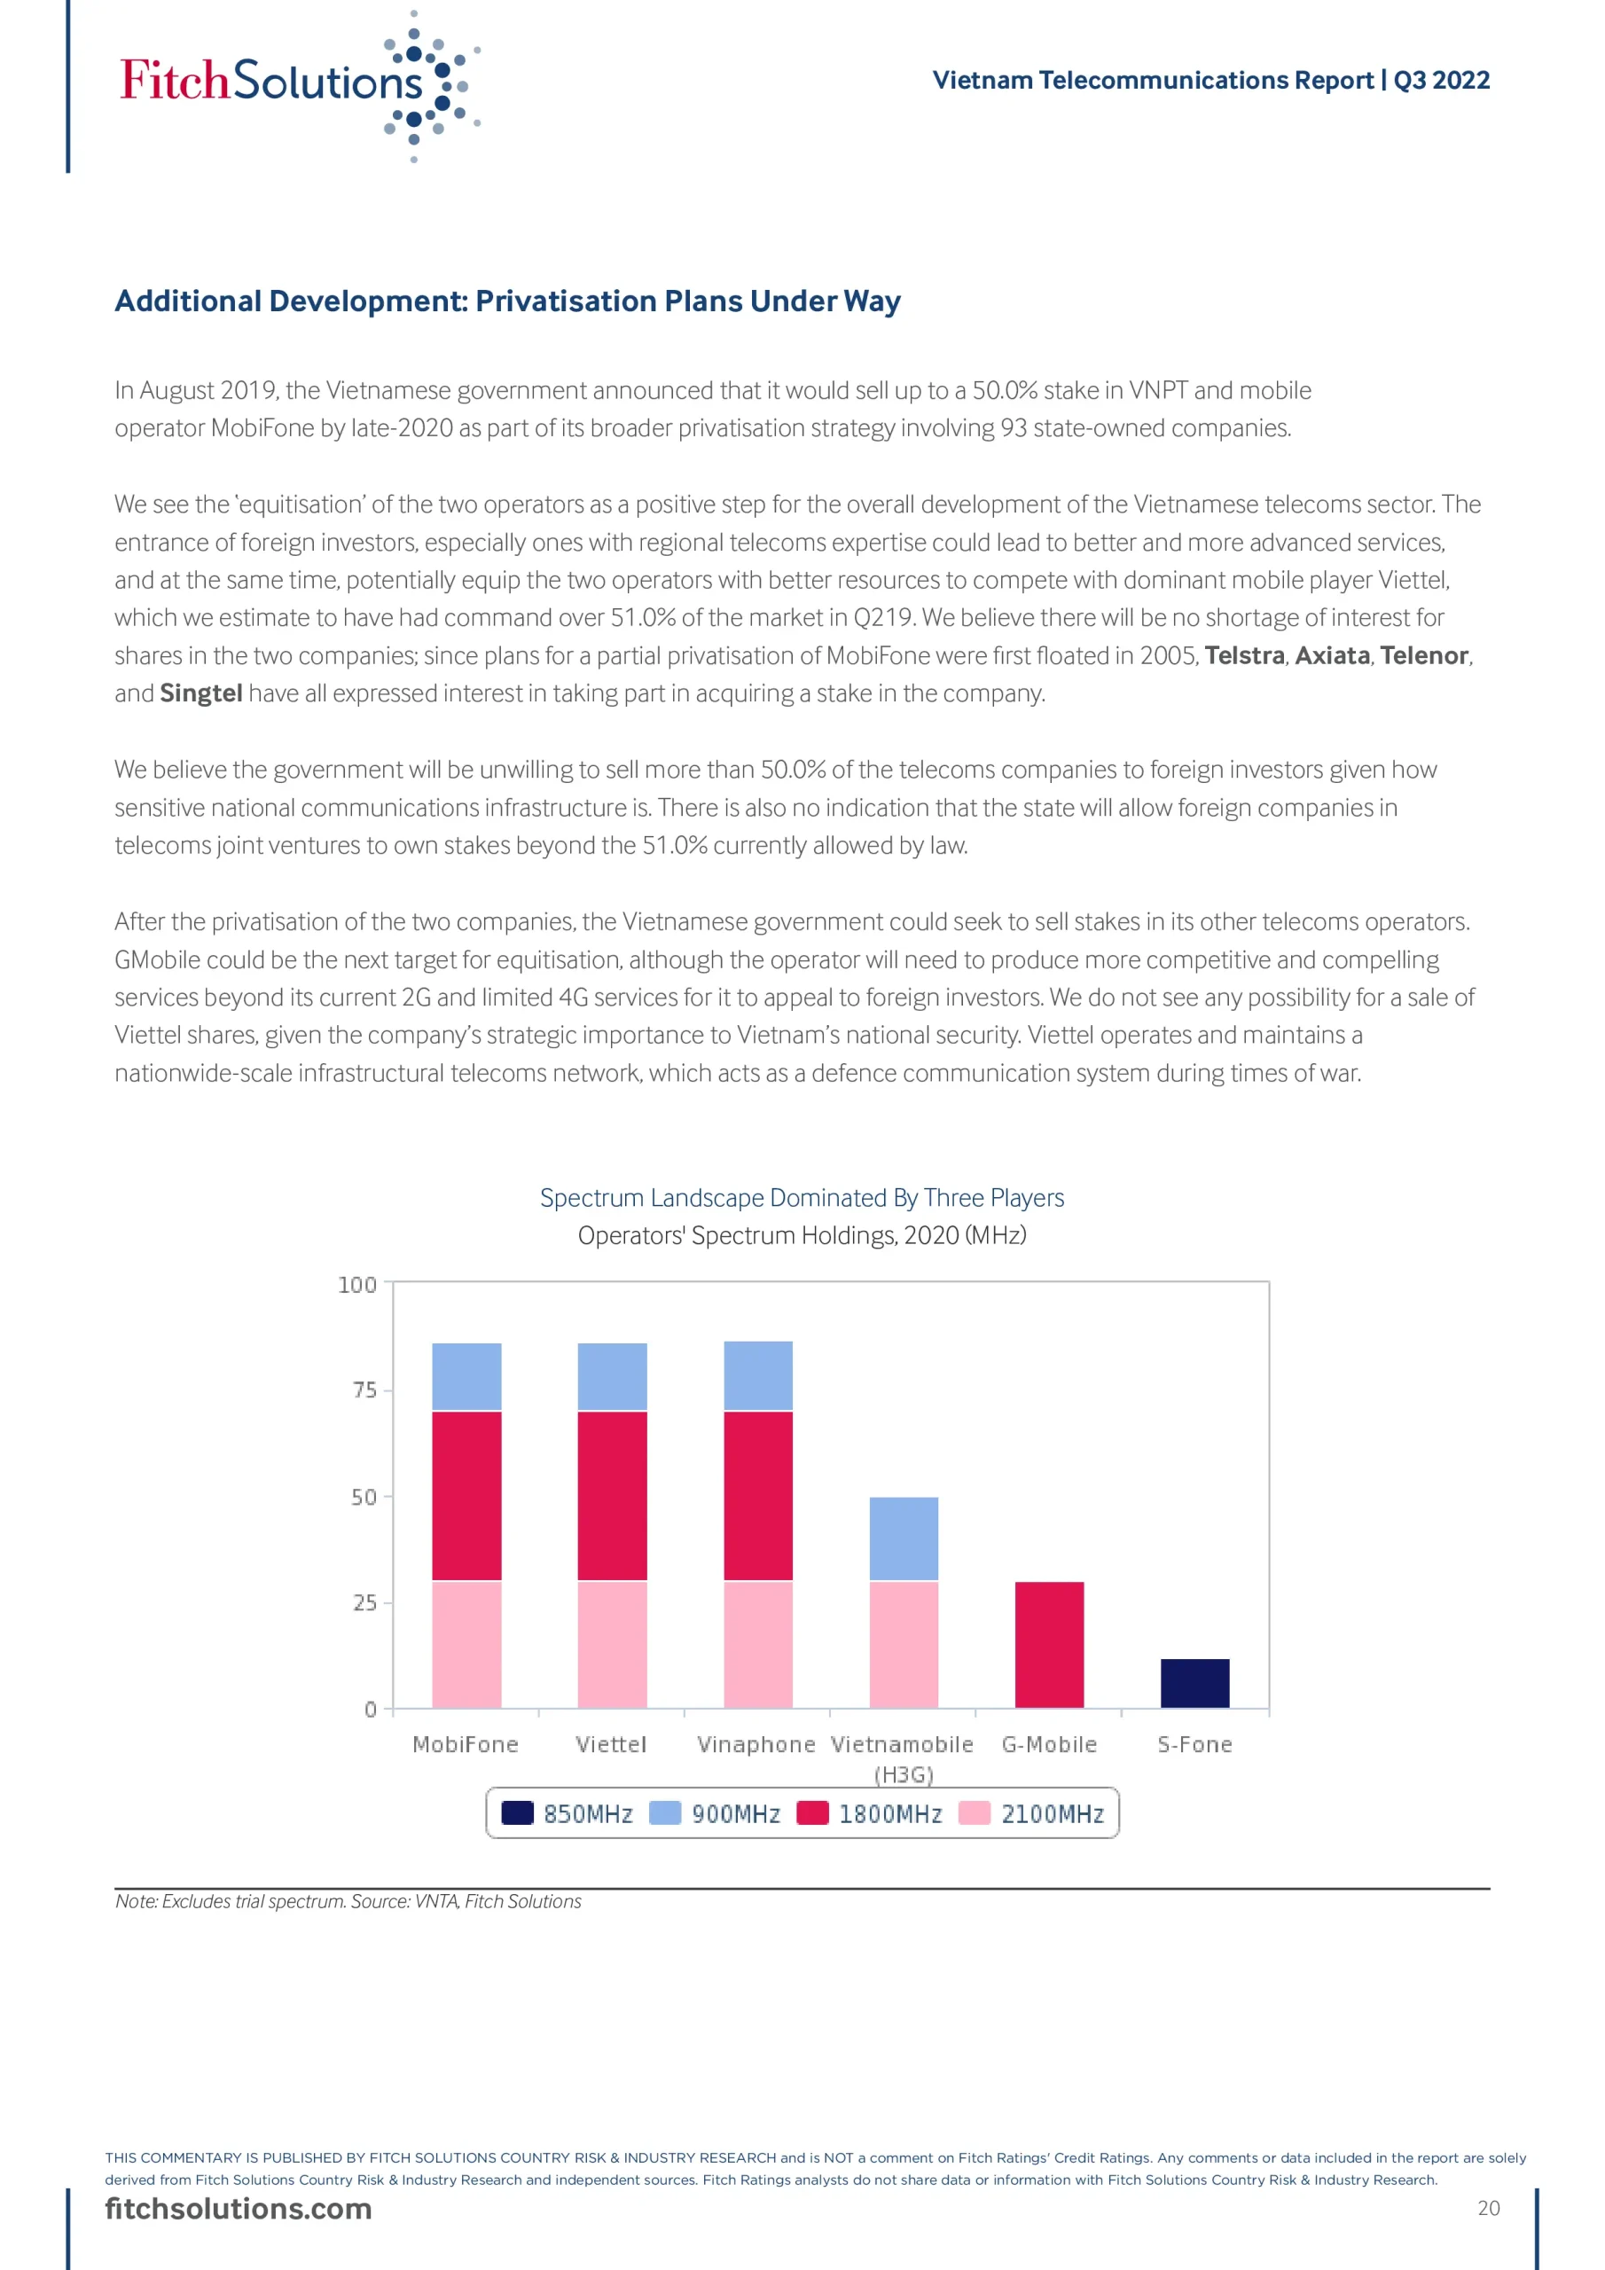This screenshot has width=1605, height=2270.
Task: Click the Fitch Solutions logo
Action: (297, 84)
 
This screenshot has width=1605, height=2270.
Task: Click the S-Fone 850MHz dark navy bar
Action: (1194, 1683)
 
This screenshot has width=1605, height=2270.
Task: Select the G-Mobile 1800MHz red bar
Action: (1049, 1644)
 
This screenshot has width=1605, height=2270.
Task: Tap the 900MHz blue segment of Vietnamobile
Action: (904, 1538)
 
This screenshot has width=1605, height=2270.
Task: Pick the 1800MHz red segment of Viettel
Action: (612, 1496)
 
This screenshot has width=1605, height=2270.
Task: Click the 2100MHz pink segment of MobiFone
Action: (466, 1644)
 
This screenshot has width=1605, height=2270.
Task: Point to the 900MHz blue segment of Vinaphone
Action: (758, 1375)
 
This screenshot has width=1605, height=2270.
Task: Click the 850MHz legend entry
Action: (568, 1813)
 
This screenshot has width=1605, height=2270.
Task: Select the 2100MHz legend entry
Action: (1032, 1813)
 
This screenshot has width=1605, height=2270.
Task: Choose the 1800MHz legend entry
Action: (870, 1813)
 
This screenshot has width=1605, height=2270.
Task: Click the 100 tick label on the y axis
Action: (357, 1284)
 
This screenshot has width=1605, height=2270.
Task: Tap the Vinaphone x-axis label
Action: (756, 1744)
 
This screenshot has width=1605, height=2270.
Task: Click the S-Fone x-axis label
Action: (1194, 1744)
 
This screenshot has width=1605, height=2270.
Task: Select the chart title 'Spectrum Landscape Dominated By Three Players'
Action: (802, 1197)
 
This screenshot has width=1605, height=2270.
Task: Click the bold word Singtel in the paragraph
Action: (200, 693)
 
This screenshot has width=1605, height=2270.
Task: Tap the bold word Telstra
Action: (1244, 655)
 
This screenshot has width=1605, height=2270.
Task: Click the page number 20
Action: (1488, 2208)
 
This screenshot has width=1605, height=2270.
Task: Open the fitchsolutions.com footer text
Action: (239, 2208)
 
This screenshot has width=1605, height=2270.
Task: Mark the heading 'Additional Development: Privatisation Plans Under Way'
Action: (507, 301)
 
